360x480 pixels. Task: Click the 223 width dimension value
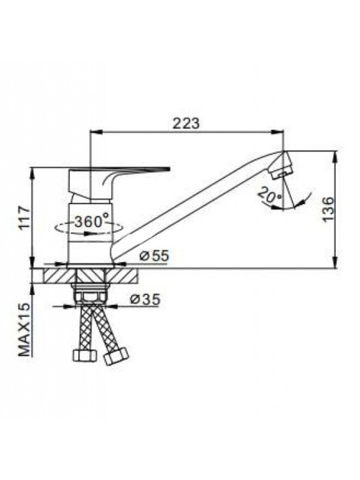click(186, 124)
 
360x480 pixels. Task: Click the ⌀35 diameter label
click(145, 299)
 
